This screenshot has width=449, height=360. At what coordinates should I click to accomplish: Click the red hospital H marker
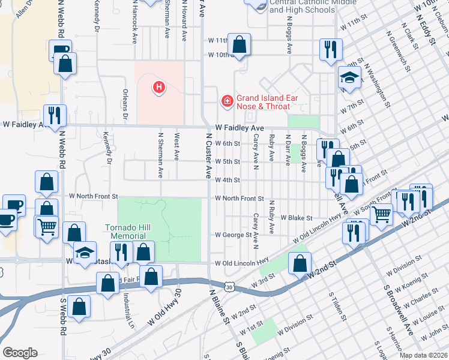158,88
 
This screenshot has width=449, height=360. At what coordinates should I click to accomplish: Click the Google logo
20,353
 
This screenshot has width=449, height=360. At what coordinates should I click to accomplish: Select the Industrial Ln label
128,306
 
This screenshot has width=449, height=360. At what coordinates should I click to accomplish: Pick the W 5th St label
228,162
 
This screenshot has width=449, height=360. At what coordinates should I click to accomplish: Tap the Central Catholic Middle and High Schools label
302,7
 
